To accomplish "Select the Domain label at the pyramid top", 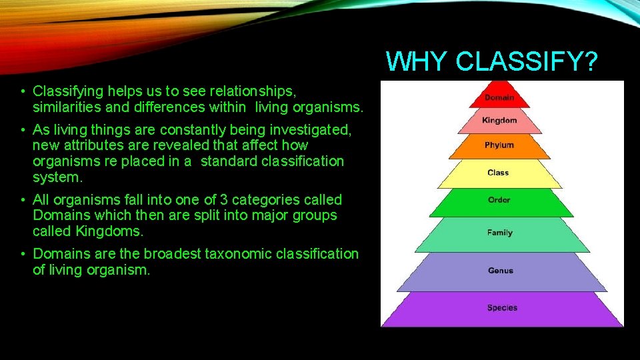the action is click(499, 97).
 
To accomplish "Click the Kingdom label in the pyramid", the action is click(499, 121).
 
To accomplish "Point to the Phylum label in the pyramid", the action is click(499, 145).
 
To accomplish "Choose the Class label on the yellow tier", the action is click(498, 173).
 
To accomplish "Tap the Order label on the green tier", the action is click(499, 200).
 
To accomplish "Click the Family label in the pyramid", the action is click(499, 233).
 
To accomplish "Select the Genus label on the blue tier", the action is click(500, 271).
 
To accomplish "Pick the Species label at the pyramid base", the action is click(502, 308).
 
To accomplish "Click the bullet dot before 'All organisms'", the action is click(23, 200).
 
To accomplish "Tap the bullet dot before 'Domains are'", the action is click(23, 254).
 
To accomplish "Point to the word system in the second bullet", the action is click(56, 178).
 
